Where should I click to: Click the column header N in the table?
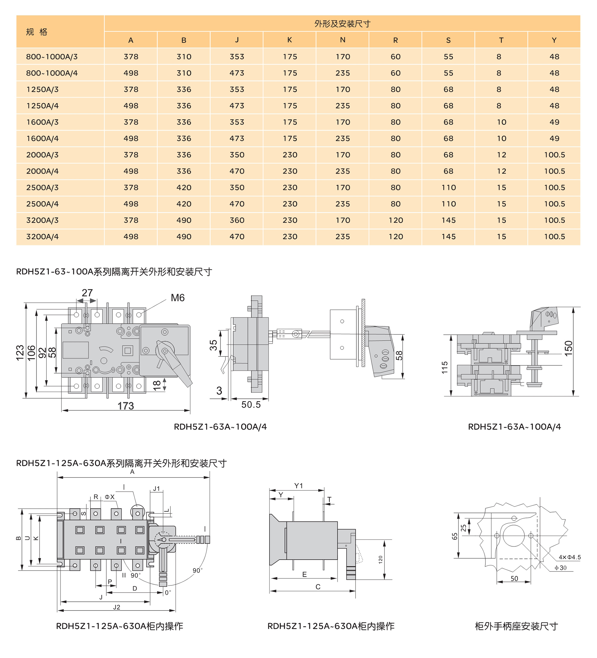point(342,40)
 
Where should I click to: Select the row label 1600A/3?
point(42,122)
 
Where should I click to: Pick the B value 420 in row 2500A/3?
point(184,188)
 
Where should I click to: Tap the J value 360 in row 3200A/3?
point(237,220)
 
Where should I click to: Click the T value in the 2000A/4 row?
point(501,171)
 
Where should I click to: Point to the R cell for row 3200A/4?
point(396,237)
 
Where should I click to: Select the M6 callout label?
point(178,298)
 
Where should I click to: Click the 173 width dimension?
point(126,406)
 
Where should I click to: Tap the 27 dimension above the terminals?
point(87,293)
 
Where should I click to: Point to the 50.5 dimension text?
point(251,405)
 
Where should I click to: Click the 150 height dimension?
point(568,348)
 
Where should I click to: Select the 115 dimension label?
point(444,367)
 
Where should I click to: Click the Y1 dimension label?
point(298,486)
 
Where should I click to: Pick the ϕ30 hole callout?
point(561,568)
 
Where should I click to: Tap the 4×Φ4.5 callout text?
point(570,557)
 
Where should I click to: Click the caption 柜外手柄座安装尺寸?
point(516,626)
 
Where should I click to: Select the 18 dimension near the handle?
point(157,385)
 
